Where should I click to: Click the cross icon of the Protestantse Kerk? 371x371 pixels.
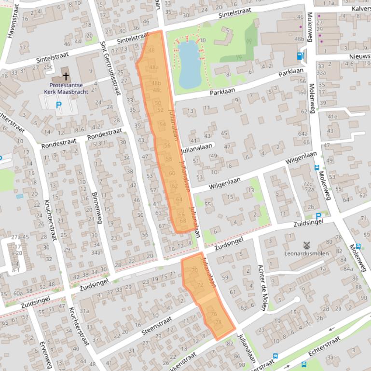click(x=66, y=77)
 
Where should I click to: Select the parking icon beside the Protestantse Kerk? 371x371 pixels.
click(x=59, y=104)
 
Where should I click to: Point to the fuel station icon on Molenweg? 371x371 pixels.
click(x=301, y=55)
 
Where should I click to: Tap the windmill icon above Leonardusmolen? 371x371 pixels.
click(x=305, y=245)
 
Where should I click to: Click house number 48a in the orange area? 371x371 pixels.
click(x=153, y=67)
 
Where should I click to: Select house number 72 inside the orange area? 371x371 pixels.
click(x=200, y=285)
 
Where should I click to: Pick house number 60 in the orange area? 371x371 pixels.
click(x=172, y=173)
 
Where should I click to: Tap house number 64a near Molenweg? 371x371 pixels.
click(x=302, y=134)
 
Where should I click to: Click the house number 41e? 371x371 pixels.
click(x=332, y=117)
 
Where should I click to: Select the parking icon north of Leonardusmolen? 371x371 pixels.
click(x=318, y=216)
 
